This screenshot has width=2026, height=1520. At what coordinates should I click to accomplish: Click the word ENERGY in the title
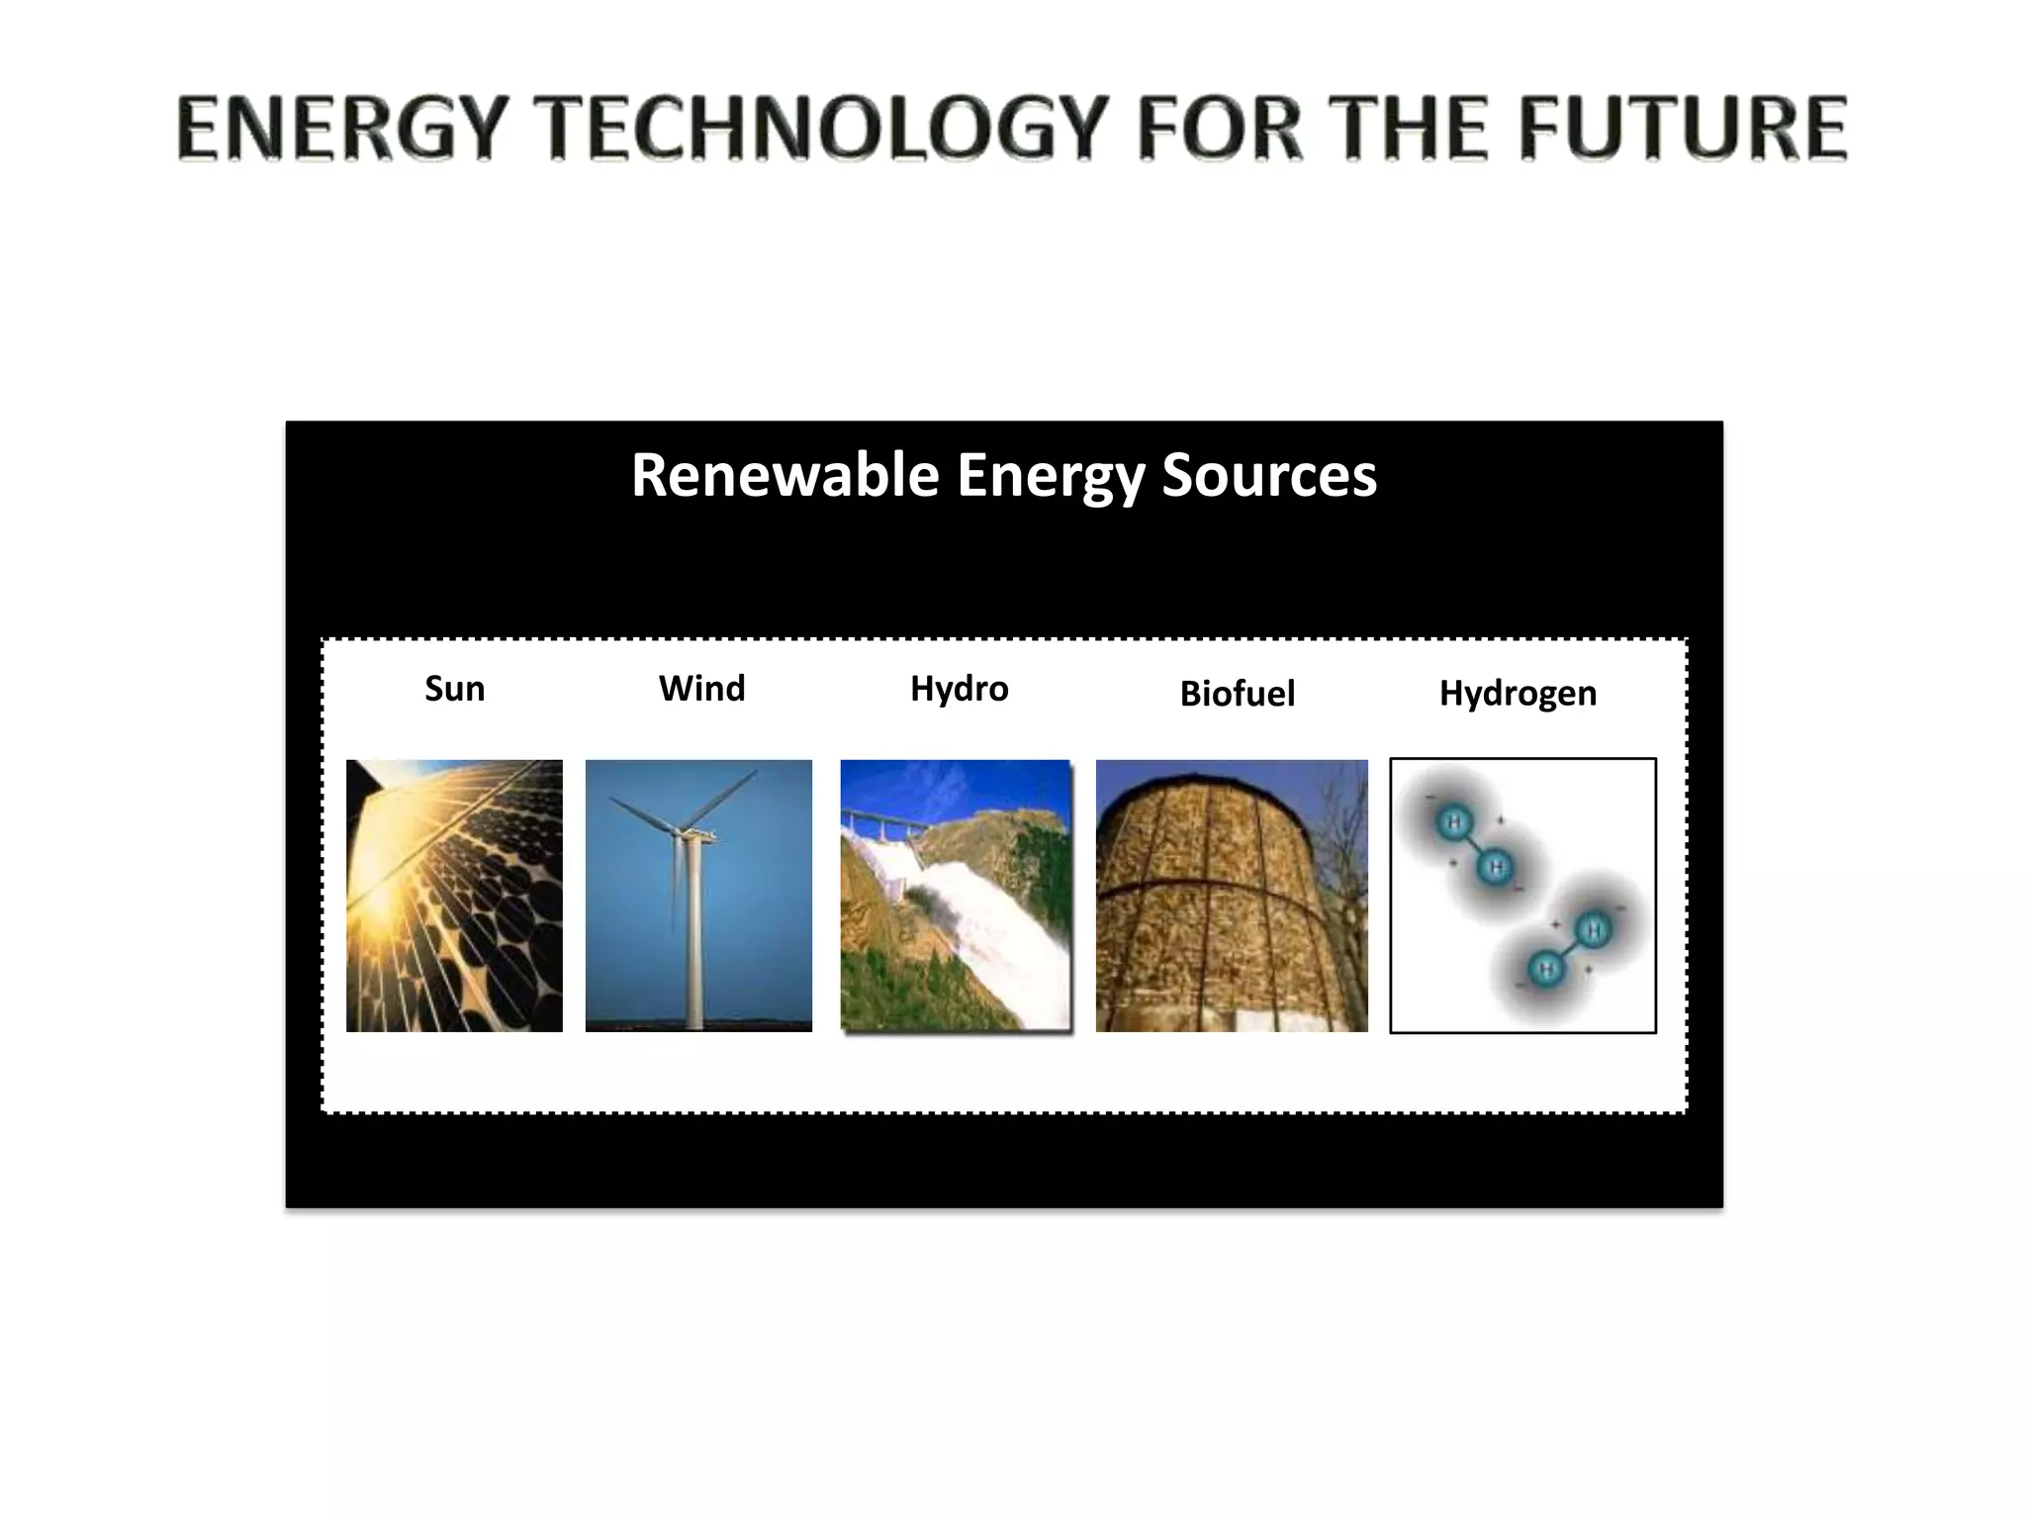[x=335, y=129]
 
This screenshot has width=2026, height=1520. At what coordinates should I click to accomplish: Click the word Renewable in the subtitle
[x=784, y=475]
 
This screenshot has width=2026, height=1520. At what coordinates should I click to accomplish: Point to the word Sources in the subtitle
[x=1268, y=475]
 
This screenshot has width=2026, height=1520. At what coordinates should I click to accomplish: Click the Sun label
[x=454, y=689]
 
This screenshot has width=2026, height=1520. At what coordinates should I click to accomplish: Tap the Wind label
[x=701, y=689]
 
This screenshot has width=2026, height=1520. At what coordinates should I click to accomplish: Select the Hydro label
[x=959, y=689]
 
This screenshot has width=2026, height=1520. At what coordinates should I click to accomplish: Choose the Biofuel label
[x=1237, y=694]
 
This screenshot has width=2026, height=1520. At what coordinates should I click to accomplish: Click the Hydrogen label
[x=1518, y=694]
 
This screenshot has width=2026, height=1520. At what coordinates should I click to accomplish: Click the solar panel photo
[x=454, y=896]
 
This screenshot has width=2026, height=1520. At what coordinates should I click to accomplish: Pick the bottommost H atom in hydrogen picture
[x=1546, y=969]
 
